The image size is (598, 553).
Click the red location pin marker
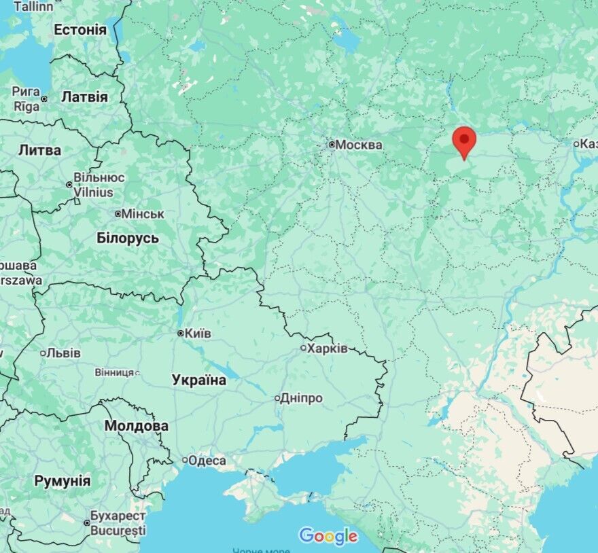click(x=464, y=140)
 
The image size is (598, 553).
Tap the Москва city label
click(x=359, y=145)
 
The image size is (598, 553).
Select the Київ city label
click(x=198, y=334)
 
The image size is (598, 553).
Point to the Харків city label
click(x=327, y=349)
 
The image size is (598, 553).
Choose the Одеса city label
click(x=207, y=461)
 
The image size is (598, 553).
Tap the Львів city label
click(x=64, y=353)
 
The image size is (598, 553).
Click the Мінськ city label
click(x=143, y=214)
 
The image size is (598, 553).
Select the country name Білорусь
click(x=128, y=238)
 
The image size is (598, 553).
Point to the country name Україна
click(x=199, y=380)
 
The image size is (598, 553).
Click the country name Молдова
click(x=136, y=426)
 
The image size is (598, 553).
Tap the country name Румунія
click(x=62, y=481)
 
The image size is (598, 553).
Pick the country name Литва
click(x=39, y=150)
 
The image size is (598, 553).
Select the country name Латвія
click(x=84, y=97)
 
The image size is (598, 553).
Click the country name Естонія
click(x=80, y=30)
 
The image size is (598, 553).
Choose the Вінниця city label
click(x=114, y=372)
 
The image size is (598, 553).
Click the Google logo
click(x=328, y=536)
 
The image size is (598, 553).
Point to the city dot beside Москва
click(x=332, y=145)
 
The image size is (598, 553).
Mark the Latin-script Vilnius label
click(x=93, y=192)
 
